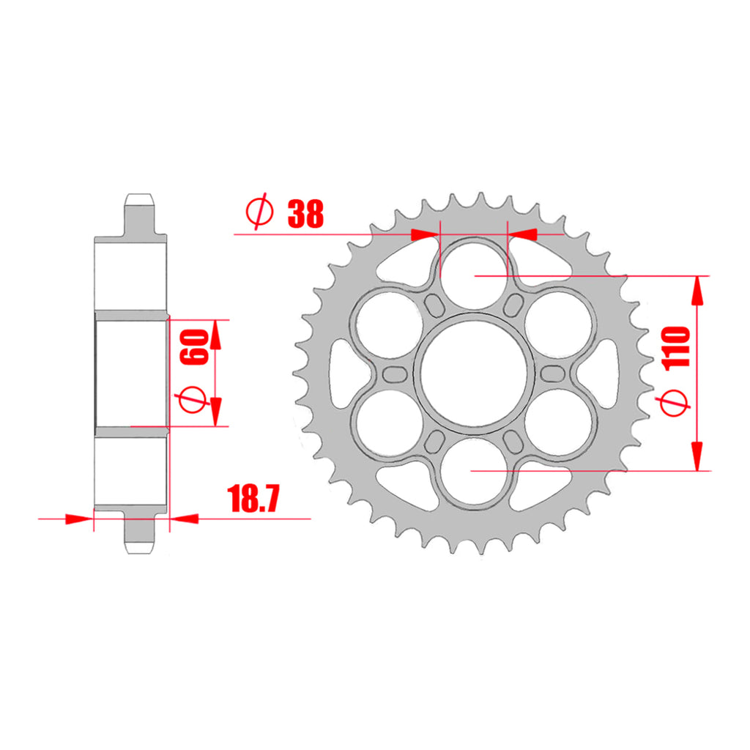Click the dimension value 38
tap(305, 214)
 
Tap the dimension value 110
tap(676, 347)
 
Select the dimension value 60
tap(194, 347)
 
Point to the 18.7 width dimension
tap(254, 499)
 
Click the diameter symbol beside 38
tap(259, 212)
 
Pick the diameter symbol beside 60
tap(193, 400)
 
